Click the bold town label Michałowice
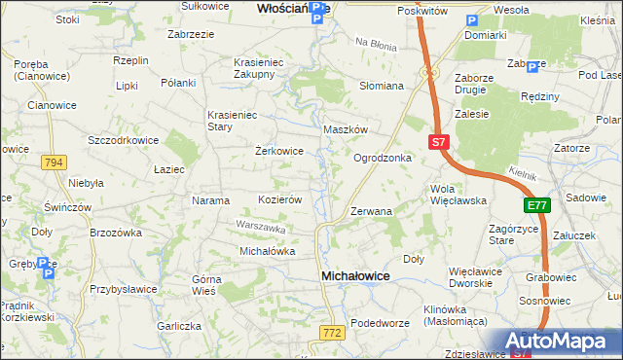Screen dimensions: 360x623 [355, 277]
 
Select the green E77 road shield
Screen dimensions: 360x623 [536, 206]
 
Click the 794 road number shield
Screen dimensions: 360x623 [55, 163]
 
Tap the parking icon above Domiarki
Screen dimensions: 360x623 [472, 20]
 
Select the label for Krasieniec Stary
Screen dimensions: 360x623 [231, 121]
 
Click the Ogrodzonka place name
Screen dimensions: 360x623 [383, 158]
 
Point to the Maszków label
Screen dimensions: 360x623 [345, 129]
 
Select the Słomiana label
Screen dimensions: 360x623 [382, 86]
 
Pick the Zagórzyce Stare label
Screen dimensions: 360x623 [488, 234]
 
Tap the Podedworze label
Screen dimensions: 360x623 [377, 323]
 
